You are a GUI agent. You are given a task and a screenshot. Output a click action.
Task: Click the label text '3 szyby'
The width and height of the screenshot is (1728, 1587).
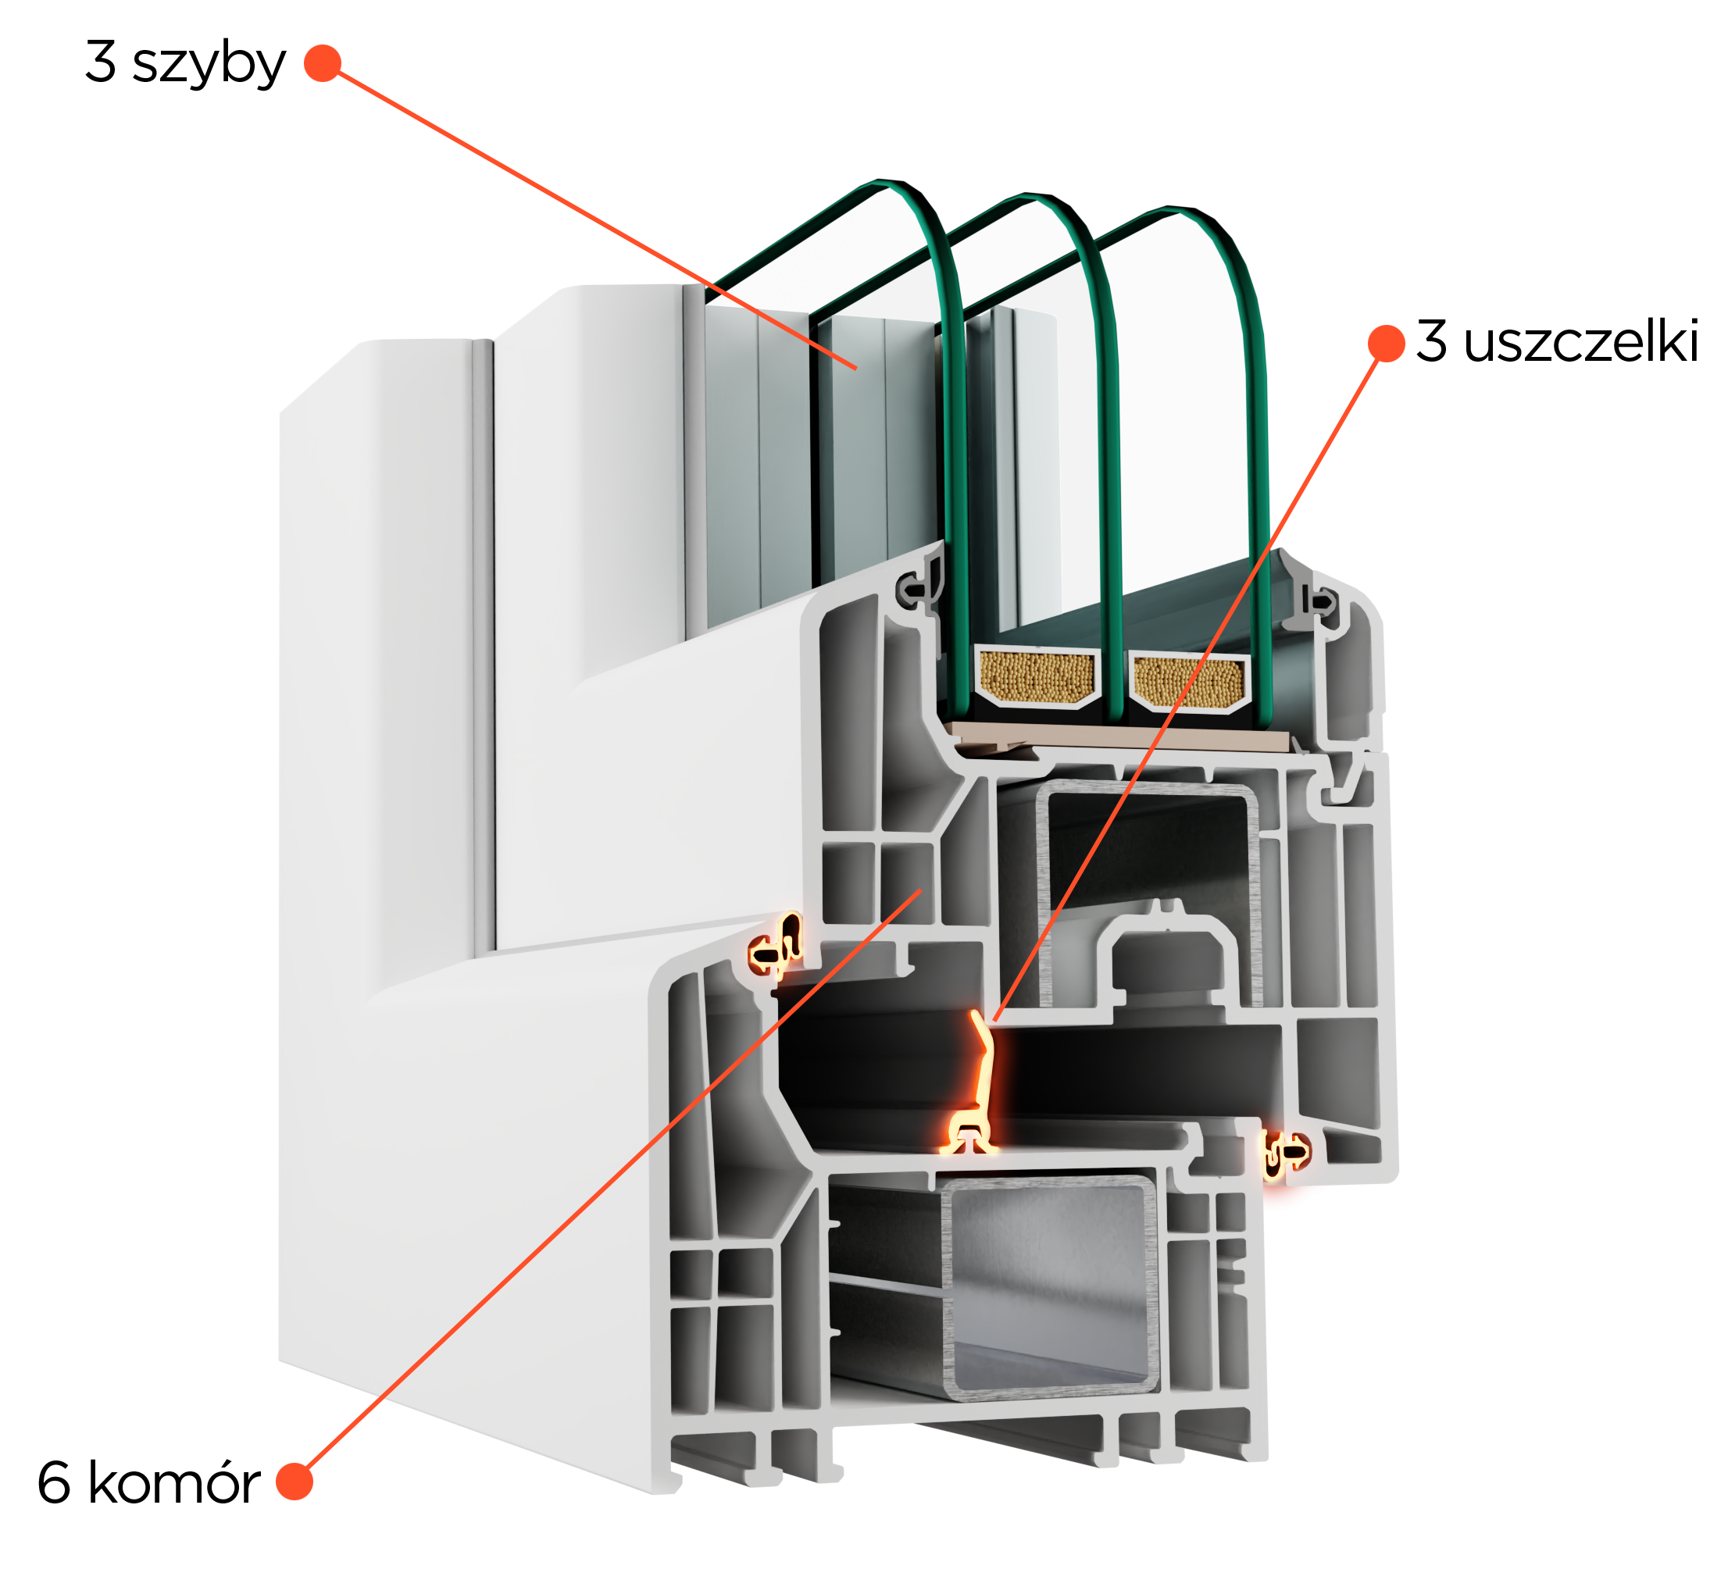click(x=185, y=63)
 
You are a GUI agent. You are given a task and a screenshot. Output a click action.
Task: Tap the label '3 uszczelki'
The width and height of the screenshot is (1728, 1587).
click(x=1557, y=341)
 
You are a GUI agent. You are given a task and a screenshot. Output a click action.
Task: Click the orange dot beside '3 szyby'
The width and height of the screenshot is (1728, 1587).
click(x=323, y=63)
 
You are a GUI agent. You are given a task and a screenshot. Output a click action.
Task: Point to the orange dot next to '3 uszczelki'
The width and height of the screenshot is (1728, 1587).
click(x=1386, y=344)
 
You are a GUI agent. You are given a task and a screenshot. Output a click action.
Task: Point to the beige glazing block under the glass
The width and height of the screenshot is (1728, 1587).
click(x=1116, y=736)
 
